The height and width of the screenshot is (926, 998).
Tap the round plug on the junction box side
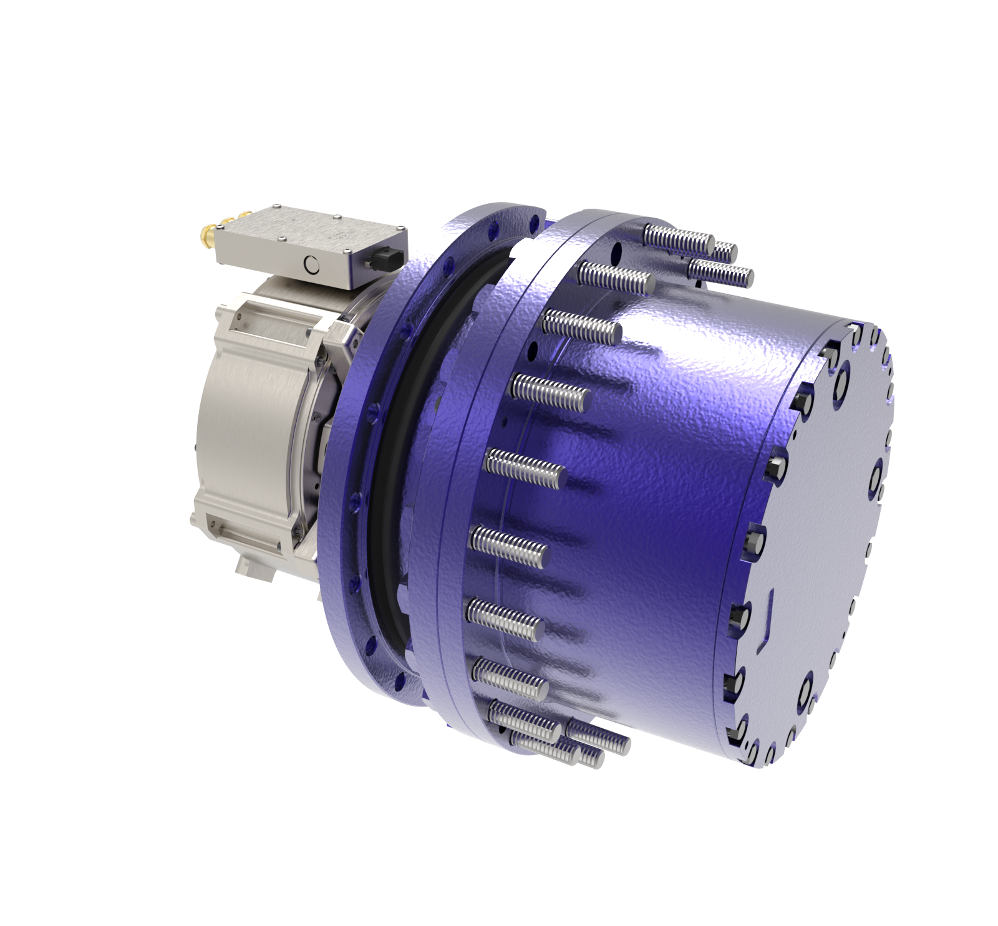tap(310, 266)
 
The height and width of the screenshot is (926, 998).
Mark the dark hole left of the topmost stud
tap(618, 253)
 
